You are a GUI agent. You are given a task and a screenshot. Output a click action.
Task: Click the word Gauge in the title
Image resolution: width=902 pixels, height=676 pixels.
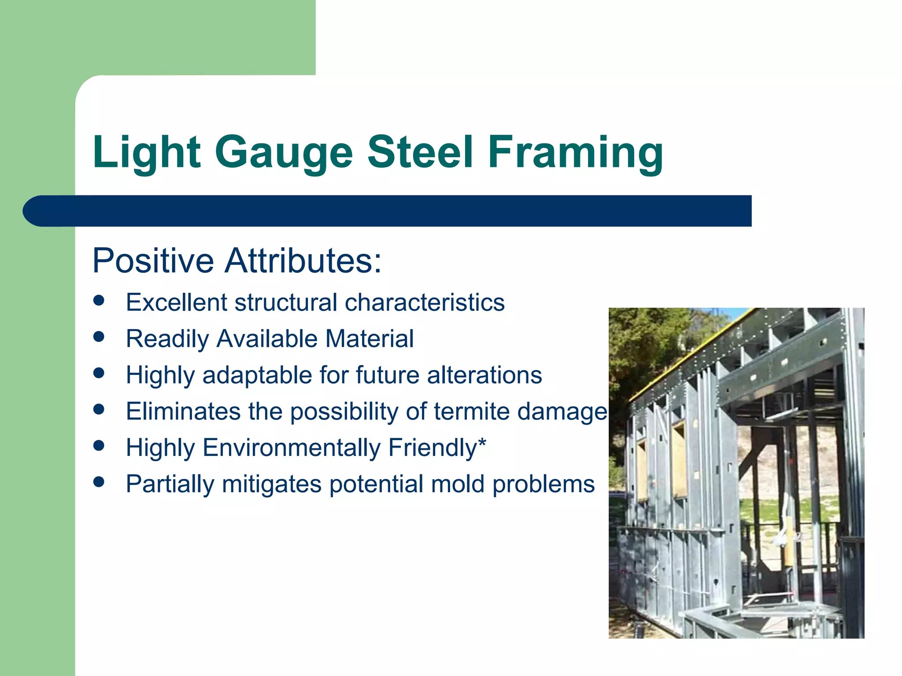pos(284,152)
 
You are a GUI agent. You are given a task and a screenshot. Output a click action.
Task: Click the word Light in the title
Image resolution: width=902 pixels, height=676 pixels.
pos(147,152)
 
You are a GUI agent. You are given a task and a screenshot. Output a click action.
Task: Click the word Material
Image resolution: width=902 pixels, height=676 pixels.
pos(369,339)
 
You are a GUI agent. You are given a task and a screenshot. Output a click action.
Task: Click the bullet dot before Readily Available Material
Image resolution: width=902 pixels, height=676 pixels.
pos(99,337)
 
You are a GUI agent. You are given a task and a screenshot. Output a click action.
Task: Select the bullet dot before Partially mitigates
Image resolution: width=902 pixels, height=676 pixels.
pos(99,482)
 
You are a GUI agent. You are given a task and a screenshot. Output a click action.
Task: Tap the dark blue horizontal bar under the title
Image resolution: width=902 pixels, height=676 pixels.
pos(388,211)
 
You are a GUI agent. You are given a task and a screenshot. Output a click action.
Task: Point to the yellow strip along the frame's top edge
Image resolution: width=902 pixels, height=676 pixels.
pos(687,352)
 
